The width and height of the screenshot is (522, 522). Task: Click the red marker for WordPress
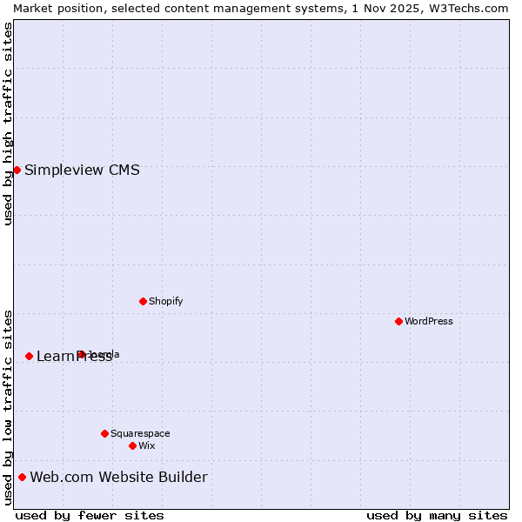(398, 321)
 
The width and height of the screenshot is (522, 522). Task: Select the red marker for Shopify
(143, 301)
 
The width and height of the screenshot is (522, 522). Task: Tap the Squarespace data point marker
(104, 433)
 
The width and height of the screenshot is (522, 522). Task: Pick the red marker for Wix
(132, 445)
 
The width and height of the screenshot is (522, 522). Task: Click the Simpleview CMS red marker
(17, 170)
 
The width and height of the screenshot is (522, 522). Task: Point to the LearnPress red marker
(29, 356)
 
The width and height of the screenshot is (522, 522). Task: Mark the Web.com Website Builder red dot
(22, 477)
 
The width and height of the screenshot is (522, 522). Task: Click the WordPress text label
(429, 321)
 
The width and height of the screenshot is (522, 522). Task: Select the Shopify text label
(165, 301)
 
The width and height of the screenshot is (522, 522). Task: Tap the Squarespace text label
(140, 433)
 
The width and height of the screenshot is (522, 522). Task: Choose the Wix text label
(146, 445)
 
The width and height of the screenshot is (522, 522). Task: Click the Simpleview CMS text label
(82, 170)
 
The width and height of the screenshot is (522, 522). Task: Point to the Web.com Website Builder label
(118, 477)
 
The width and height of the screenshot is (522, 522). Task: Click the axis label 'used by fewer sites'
(90, 515)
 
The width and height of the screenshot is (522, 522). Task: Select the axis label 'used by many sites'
(437, 515)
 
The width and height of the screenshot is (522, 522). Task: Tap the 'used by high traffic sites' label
(8, 124)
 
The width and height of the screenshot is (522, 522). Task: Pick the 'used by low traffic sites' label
(8, 407)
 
